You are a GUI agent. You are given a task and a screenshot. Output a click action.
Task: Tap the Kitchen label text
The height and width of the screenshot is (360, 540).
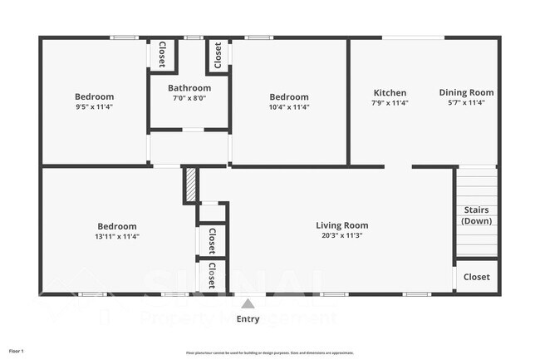[390, 93]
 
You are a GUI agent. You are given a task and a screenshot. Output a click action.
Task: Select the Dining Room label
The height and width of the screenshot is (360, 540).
[466, 93]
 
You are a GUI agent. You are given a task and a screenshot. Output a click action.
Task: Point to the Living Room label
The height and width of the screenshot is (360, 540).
[341, 225]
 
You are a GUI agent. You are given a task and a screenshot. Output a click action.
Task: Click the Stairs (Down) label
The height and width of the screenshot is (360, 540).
[477, 215]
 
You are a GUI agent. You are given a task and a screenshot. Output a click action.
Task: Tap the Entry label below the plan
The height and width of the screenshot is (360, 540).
[248, 319]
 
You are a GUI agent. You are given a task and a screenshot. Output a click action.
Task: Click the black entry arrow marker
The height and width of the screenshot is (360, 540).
[248, 303]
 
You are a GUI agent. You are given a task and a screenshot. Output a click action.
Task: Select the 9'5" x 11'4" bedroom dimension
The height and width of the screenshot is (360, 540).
[94, 106]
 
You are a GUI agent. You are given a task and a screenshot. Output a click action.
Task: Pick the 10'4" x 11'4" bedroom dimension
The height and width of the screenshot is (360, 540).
[288, 106]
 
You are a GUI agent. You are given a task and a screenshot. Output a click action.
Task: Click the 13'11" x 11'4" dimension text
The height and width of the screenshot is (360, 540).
[116, 236]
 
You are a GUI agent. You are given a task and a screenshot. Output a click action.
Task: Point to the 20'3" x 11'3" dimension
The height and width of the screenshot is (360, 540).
[341, 235]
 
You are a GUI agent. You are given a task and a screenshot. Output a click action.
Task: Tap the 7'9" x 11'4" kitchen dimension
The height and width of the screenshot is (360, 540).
[390, 103]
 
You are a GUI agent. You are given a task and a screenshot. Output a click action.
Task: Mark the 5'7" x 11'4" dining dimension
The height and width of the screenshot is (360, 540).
[466, 103]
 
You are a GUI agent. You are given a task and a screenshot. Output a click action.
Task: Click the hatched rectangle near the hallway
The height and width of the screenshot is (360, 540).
[189, 184]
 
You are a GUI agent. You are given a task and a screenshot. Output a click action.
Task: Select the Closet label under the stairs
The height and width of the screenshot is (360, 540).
[477, 277]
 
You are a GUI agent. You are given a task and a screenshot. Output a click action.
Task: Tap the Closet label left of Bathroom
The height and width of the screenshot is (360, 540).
[161, 54]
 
